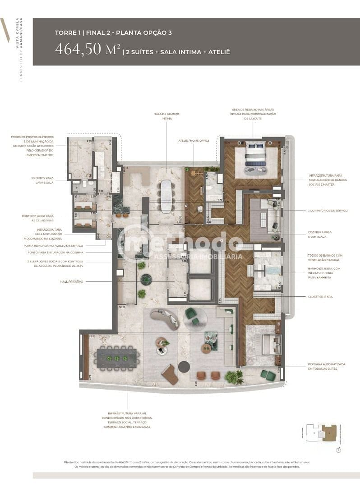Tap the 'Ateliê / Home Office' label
(194, 141)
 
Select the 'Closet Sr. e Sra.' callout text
(320, 297)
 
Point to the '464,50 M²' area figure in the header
(88, 50)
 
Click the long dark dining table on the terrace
(116, 358)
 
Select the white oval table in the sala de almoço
(166, 196)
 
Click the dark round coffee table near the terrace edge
(184, 367)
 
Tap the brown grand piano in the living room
(170, 374)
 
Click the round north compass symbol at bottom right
(338, 450)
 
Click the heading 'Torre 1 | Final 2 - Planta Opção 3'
(113, 32)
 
